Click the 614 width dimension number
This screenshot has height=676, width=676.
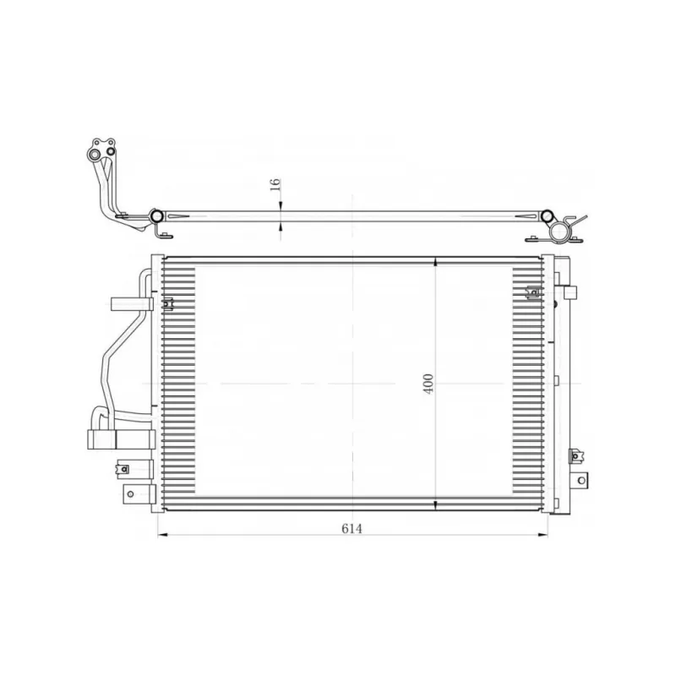coord(352,528)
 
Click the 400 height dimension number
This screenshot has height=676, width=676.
coord(428,384)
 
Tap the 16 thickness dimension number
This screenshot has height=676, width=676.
coord(275,184)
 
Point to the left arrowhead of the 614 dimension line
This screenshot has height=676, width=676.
coord(163,536)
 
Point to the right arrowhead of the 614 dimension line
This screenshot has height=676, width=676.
coord(543,536)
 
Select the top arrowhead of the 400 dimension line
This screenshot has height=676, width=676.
coord(435,261)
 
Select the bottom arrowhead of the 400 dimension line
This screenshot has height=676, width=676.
coord(435,505)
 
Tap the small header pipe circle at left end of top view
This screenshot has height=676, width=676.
coord(156,215)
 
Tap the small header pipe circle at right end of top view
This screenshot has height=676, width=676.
coord(547,215)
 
